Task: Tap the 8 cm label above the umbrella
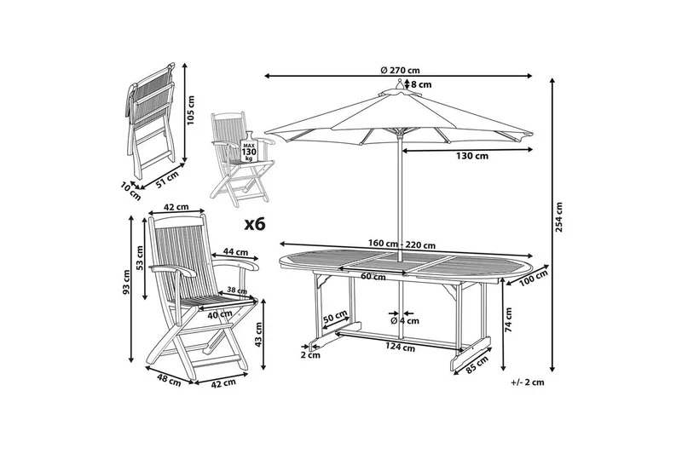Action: point(421,84)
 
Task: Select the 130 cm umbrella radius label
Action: point(471,156)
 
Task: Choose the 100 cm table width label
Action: point(534,278)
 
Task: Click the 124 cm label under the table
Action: point(400,347)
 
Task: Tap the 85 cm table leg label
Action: point(478,364)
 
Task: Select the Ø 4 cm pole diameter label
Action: point(404,321)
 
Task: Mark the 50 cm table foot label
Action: point(334,318)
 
